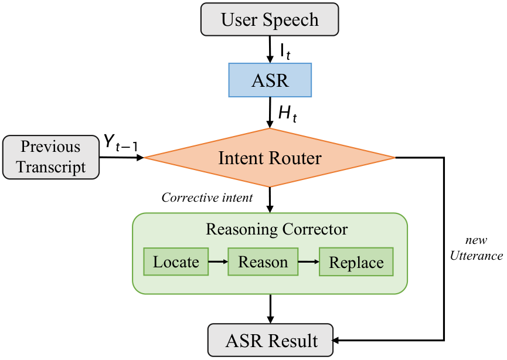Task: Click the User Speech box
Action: tap(270, 19)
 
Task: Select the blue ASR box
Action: tap(270, 80)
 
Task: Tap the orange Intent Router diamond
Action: tap(270, 157)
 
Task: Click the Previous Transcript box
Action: tap(50, 157)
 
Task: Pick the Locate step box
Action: tap(176, 261)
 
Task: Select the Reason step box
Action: tap(263, 261)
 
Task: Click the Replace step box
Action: tap(356, 262)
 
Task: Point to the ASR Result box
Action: tap(271, 341)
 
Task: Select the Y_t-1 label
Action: tap(121, 142)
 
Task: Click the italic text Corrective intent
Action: tap(207, 198)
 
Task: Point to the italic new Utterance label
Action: tap(475, 249)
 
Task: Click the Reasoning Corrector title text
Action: tap(277, 229)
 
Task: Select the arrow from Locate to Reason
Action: tap(217, 262)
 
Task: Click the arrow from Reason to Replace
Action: tap(308, 262)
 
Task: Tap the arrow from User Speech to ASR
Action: tap(270, 49)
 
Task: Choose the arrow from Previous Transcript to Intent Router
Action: tap(122, 157)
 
